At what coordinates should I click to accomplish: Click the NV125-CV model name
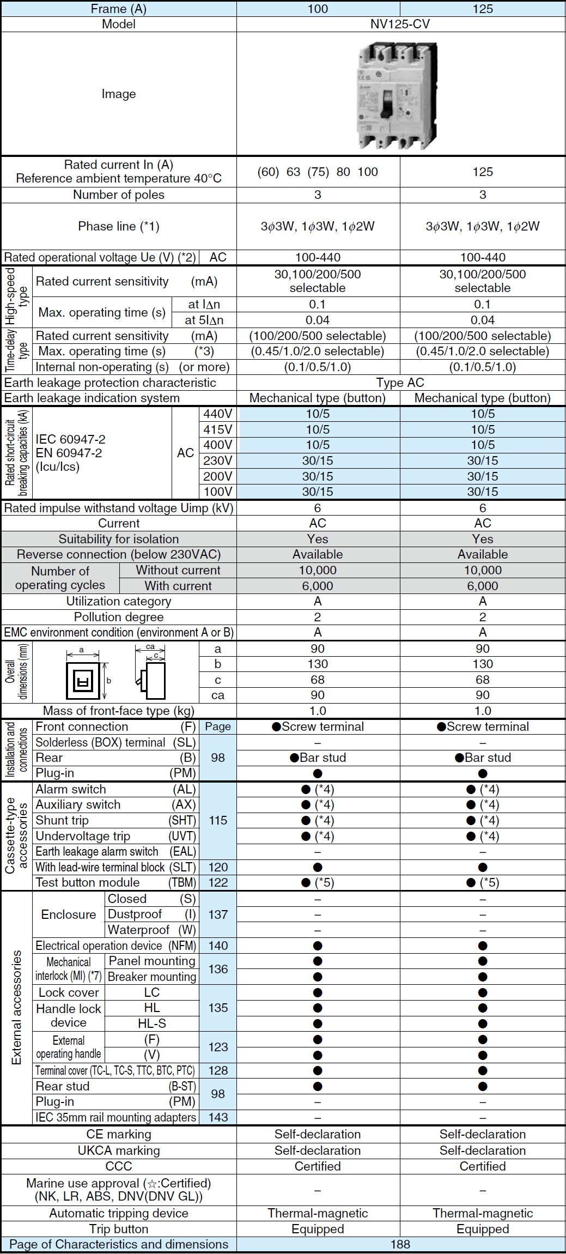tap(400, 24)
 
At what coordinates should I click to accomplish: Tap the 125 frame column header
tap(482, 9)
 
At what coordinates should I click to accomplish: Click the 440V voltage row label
tap(217, 414)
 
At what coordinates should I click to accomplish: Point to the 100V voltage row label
tap(217, 492)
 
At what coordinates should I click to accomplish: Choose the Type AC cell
tap(400, 383)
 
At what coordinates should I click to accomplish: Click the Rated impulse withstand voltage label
tap(119, 508)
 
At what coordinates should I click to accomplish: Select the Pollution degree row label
tap(119, 617)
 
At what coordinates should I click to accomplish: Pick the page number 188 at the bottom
tap(400, 1244)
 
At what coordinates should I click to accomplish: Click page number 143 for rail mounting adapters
tap(218, 1117)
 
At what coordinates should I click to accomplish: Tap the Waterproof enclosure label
tap(139, 930)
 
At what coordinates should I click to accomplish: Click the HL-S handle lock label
tap(151, 1023)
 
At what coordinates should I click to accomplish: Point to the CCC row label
tap(119, 1166)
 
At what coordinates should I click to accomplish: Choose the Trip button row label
tap(119, 1229)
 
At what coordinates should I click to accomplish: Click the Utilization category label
tap(119, 601)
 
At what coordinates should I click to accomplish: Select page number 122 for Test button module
tap(218, 882)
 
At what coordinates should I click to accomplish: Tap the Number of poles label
tap(119, 195)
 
